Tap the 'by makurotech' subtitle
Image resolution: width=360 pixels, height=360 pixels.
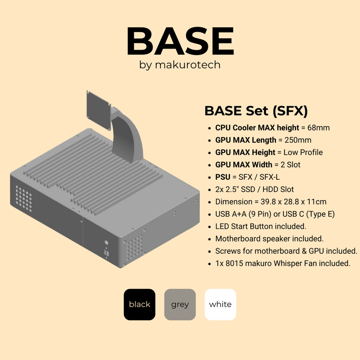tap(180, 65)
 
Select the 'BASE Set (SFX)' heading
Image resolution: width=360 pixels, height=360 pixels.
tap(256, 111)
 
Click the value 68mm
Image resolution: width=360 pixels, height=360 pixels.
tap(319, 128)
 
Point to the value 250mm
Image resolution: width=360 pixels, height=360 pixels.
tap(298, 140)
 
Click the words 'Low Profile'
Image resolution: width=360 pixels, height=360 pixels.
tap(303, 152)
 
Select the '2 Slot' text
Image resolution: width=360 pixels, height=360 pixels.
tap(291, 165)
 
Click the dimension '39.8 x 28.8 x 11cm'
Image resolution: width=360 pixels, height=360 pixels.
tap(290, 202)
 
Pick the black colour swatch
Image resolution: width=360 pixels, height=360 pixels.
tap(140, 304)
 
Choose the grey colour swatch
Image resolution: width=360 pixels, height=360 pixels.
tap(180, 304)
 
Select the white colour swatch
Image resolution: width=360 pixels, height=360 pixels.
tap(220, 304)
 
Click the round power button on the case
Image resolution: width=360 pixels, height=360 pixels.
tap(106, 243)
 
